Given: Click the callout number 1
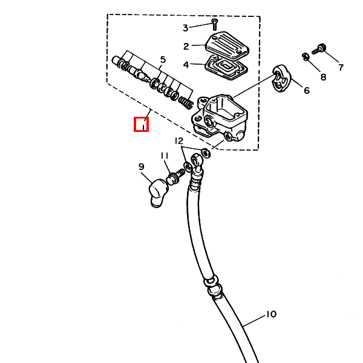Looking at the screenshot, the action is pos(143,124).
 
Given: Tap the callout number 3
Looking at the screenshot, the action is pos(186,28).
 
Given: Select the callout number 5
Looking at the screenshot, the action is pos(163,59).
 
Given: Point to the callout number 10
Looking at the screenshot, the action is pos(271,314).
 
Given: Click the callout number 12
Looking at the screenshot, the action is pos(179,141).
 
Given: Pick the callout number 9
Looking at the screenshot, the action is pos(142,167).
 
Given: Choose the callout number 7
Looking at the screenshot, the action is pos(341,68).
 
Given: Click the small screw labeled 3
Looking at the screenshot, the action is pos(214,24).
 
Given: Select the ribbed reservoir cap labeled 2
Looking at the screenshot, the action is pos(227,47).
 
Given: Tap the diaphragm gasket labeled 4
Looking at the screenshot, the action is pos(227,68).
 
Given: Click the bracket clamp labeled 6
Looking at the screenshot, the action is pos(281,78).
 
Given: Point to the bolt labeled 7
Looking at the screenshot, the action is pos(319,49).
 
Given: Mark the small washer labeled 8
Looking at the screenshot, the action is pos(306,57).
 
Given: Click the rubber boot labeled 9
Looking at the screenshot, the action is pos(158,192).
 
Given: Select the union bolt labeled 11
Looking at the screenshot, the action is pos(175,177).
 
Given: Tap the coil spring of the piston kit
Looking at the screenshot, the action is pos(186,102).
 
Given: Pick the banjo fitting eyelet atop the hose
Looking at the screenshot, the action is pos(196,160).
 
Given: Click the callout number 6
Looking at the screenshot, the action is pos(307,90).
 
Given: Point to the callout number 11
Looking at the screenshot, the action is pos(165,156).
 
